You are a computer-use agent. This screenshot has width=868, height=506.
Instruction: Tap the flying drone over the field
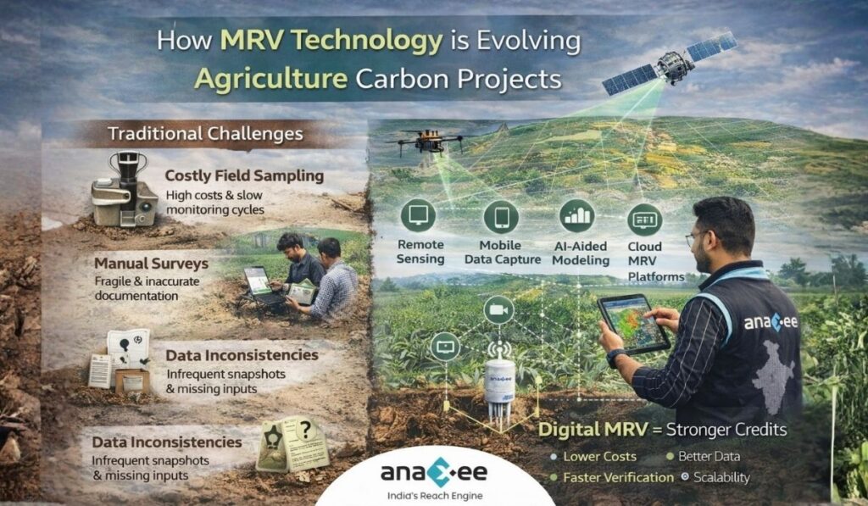coord(424,140)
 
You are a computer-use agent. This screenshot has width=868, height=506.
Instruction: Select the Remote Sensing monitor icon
coord(420,217)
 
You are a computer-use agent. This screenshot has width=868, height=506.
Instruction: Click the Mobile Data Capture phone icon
coord(501,217)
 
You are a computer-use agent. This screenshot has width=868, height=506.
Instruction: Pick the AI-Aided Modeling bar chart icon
coord(576,216)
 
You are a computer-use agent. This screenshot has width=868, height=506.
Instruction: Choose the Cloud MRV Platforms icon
coord(645,220)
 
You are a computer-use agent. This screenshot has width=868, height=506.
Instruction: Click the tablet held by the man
coord(632,322)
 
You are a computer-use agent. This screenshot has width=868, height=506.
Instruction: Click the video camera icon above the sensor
coord(498,311)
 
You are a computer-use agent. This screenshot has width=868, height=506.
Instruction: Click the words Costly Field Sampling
coord(244,176)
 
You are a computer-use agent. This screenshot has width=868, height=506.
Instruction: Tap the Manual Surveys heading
coord(151,264)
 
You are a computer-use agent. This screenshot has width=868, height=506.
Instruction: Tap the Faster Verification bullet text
coord(620,477)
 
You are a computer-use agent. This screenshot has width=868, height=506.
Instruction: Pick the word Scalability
coord(721,477)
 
